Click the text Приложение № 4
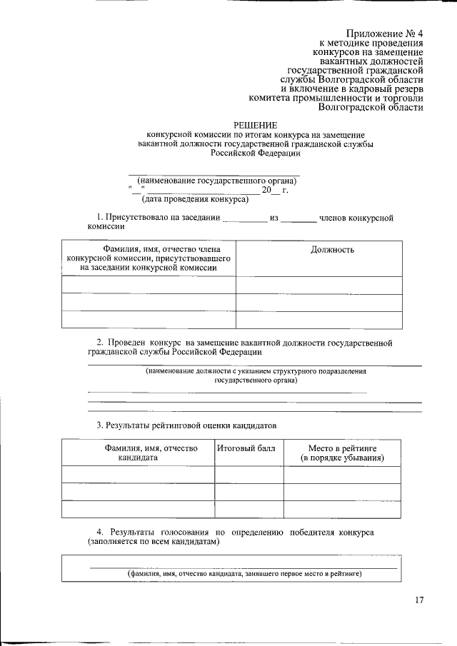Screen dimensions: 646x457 click(x=385, y=33)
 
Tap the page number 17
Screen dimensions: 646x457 click(x=418, y=600)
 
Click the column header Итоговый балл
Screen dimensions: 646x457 click(x=248, y=448)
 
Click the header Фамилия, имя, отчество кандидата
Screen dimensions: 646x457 click(x=138, y=453)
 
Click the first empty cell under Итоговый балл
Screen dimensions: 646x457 click(x=248, y=474)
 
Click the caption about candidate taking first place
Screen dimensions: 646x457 click(x=244, y=574)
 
